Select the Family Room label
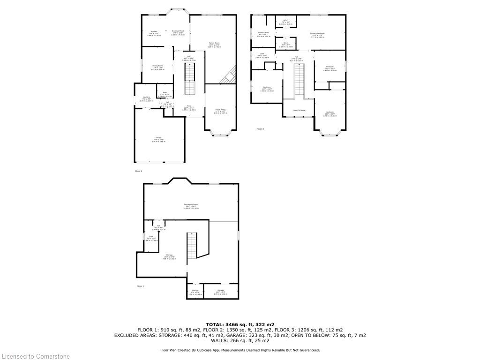point(214,44)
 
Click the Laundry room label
point(147,98)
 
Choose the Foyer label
point(189,107)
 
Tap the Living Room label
point(220,111)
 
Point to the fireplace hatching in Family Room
point(228,75)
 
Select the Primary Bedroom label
point(317,34)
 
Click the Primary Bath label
point(263,33)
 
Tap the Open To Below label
point(299,111)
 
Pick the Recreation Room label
point(191,206)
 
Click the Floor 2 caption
point(138,171)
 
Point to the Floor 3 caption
point(260,129)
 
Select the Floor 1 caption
point(140,286)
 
